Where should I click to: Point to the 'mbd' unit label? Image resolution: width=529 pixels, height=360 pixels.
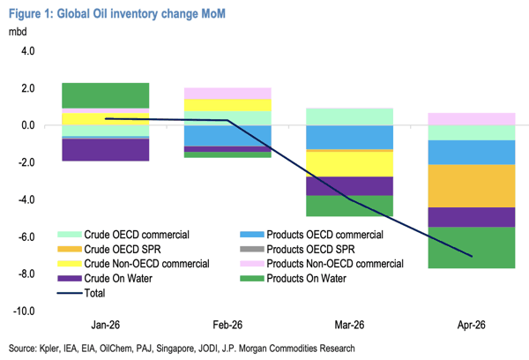click(x=19, y=33)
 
